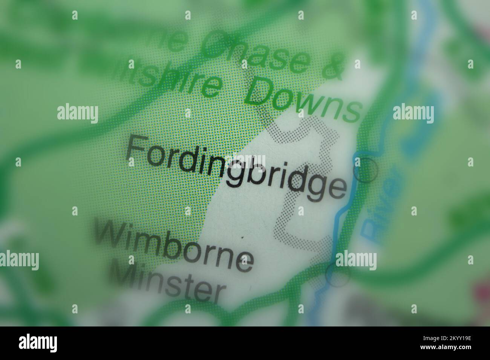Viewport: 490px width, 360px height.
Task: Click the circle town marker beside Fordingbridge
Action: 366,171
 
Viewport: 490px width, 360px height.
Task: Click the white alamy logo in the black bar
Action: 38,343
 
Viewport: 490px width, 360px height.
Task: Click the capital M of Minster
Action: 128,277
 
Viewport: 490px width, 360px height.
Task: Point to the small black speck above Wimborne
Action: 242,237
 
